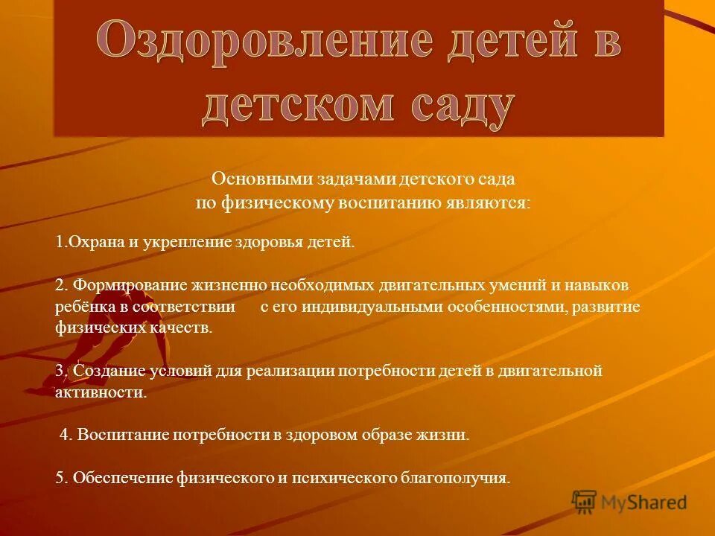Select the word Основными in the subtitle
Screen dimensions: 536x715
pos(256,179)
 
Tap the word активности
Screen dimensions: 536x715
pos(101,392)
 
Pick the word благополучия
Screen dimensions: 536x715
pos(454,478)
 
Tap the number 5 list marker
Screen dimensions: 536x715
pos(60,478)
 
